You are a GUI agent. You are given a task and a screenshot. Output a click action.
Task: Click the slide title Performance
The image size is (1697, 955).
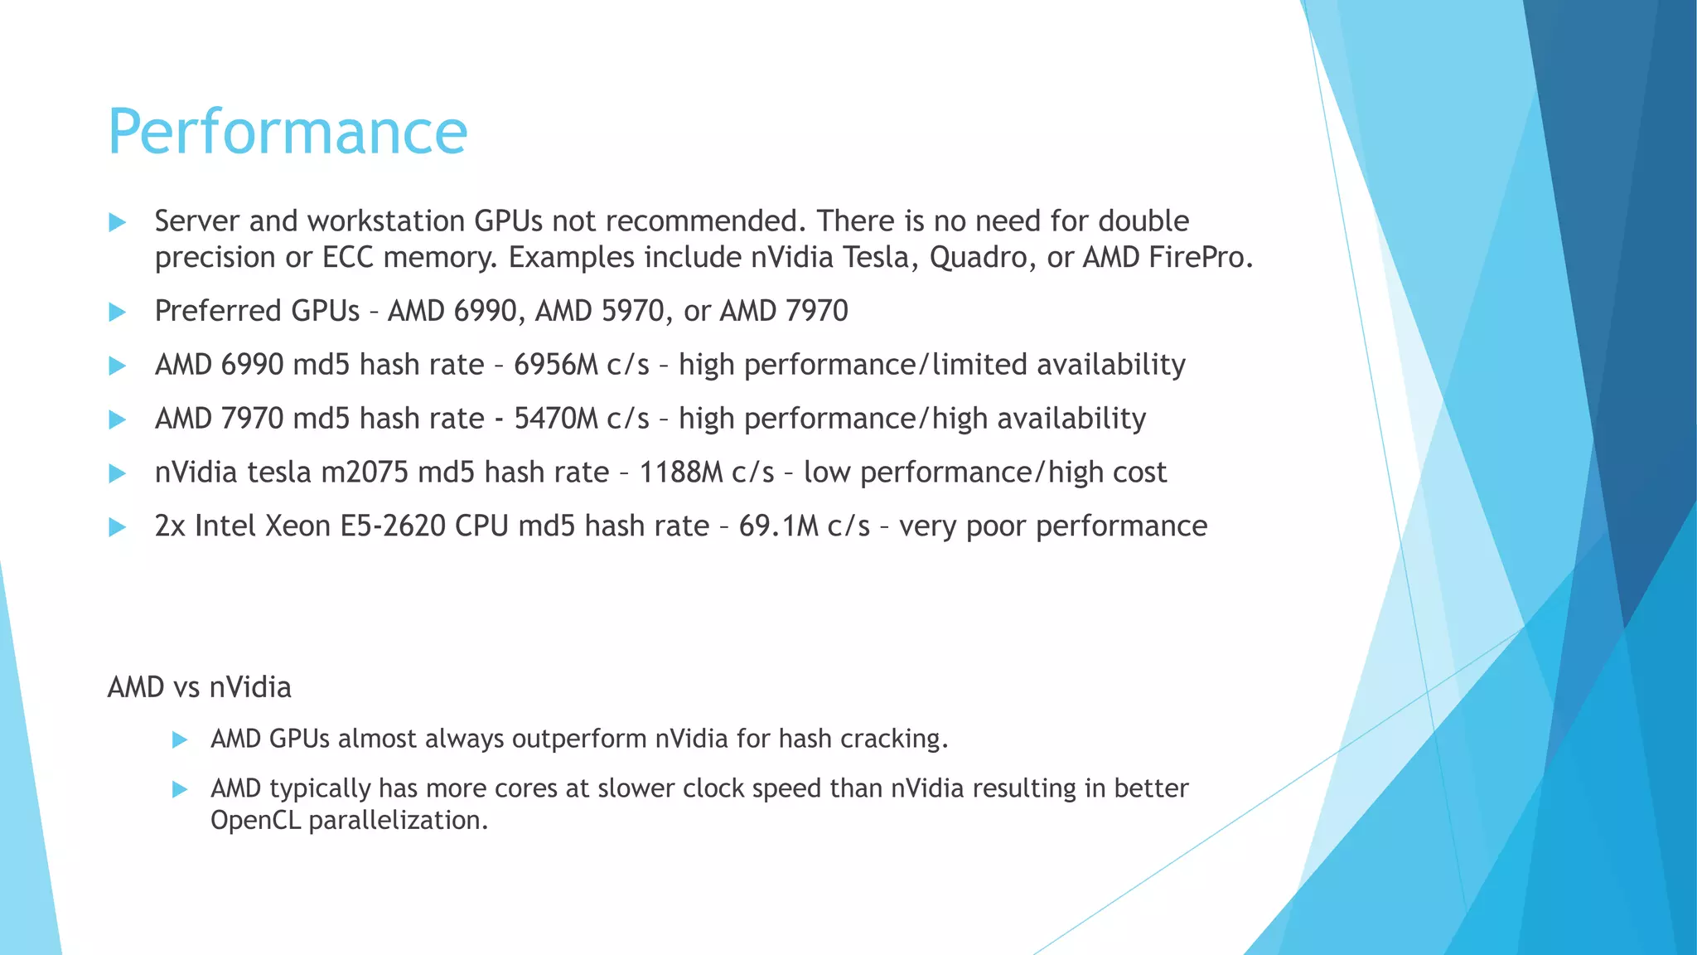[288, 133]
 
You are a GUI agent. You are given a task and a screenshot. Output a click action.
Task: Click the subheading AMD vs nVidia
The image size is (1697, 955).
[199, 687]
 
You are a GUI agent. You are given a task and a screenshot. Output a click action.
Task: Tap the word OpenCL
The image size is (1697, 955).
[255, 820]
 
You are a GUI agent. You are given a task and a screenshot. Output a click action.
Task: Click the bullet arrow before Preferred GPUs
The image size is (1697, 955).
[117, 312]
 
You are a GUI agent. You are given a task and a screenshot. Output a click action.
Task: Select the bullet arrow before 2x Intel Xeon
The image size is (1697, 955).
[117, 527]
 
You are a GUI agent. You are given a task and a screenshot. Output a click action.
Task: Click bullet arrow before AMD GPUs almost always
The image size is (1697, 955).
[180, 739]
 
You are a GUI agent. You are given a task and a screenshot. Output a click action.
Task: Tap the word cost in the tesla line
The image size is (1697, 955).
[1139, 473]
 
